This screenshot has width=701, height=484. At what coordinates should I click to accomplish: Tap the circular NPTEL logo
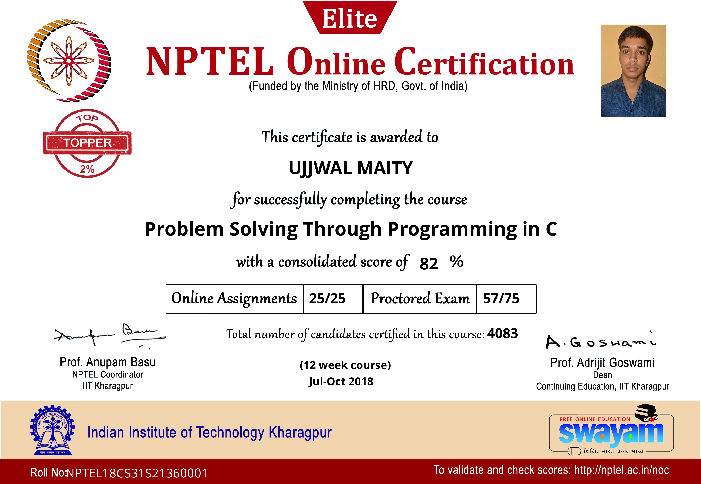click(69, 61)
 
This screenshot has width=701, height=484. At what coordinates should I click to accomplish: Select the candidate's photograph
click(633, 71)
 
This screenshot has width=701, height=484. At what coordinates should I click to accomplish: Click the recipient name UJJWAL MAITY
click(351, 168)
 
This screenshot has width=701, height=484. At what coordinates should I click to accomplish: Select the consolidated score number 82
click(429, 263)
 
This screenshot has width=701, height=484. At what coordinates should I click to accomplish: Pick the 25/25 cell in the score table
click(333, 299)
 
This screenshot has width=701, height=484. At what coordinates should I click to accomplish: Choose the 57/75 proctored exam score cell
click(506, 299)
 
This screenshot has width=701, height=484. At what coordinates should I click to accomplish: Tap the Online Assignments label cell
click(235, 299)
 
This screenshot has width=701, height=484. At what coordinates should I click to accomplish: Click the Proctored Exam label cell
click(420, 299)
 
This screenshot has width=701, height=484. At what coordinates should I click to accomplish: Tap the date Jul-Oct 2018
click(341, 382)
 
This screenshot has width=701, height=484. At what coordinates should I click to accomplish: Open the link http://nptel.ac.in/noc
click(622, 470)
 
